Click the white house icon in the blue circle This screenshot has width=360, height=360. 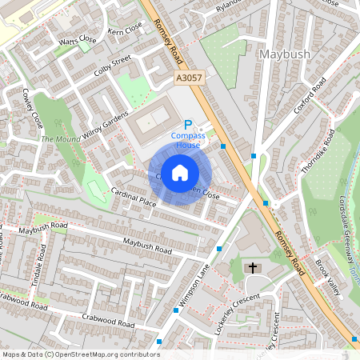pos(180,173)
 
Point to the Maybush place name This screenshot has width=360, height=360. pos(285,54)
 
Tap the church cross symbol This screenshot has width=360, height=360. pos(253,267)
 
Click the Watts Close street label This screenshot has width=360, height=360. pos(77,40)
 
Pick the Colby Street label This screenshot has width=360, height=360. pos(110,65)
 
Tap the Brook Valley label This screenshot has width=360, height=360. pos(328,276)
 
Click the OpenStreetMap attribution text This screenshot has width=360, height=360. pos(70,354)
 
